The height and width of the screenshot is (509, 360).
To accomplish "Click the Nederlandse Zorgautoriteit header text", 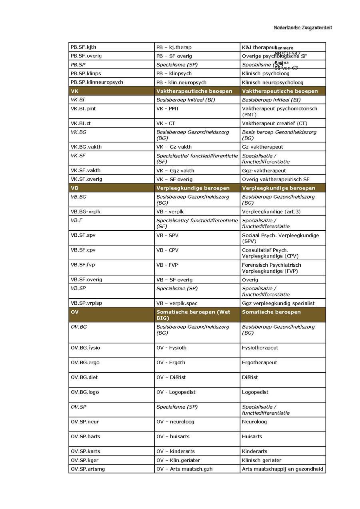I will coord(303,28).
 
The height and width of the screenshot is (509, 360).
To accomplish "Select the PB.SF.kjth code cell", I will coord(83,47).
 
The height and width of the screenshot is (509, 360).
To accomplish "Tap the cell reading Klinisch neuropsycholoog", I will coord(272,82).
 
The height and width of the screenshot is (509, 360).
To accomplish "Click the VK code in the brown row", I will coord(74,91).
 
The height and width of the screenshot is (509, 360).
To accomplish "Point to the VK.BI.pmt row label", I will coord(83,108).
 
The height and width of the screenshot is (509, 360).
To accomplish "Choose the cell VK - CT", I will coord(166,124).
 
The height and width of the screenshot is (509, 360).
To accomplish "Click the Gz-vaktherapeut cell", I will coord(262,147).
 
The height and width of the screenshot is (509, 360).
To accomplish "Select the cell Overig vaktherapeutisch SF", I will coord(275,180).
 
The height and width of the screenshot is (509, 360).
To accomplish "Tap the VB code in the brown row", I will coord(74,188).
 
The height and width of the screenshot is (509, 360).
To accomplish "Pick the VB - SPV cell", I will coord(167,236).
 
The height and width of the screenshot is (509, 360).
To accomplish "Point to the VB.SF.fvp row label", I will coord(83,265).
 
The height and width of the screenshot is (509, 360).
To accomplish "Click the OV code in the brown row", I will coord(75,312).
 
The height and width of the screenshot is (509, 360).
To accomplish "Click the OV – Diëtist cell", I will coord(171,377).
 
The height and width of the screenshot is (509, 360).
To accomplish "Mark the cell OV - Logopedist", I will coord(176,392).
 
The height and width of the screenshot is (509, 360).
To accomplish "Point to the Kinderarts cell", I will coord(254,451).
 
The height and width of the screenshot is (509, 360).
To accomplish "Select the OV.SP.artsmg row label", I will coord(88,469).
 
